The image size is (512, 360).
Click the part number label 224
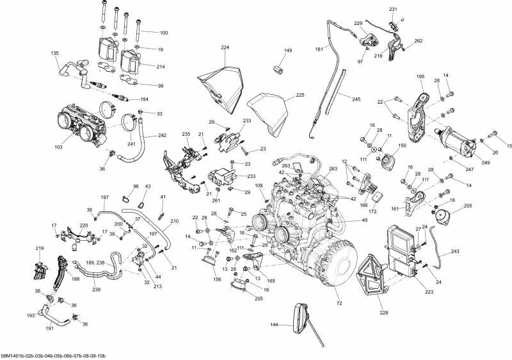[225, 47]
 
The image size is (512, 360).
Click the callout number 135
[54, 53]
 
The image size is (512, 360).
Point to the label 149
[288, 51]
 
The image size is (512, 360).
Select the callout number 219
[40, 249]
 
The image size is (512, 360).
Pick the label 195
[420, 76]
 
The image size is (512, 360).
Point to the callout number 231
[393, 9]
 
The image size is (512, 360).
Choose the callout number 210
[175, 220]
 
